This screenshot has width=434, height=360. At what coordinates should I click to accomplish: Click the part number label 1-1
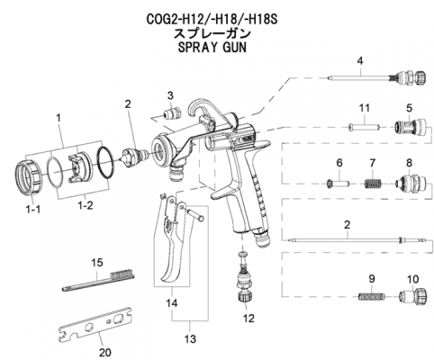point(33,210)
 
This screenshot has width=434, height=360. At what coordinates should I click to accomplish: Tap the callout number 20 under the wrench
point(105,352)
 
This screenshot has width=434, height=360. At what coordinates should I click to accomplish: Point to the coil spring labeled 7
point(373,184)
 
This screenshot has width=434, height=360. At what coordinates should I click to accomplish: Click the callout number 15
point(97,263)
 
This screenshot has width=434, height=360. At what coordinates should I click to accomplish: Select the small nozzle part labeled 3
point(172,113)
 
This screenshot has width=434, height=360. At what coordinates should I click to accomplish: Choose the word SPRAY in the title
point(196,48)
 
